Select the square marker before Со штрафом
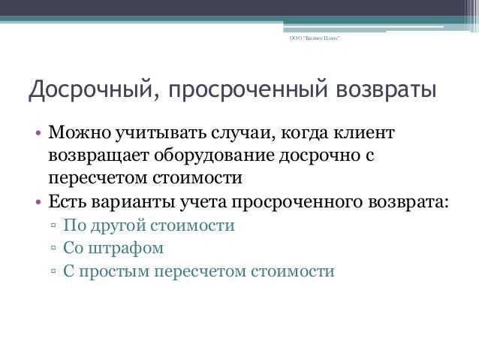[x=54, y=248]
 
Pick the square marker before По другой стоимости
[x=54, y=225]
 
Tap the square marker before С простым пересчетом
[x=54, y=271]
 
